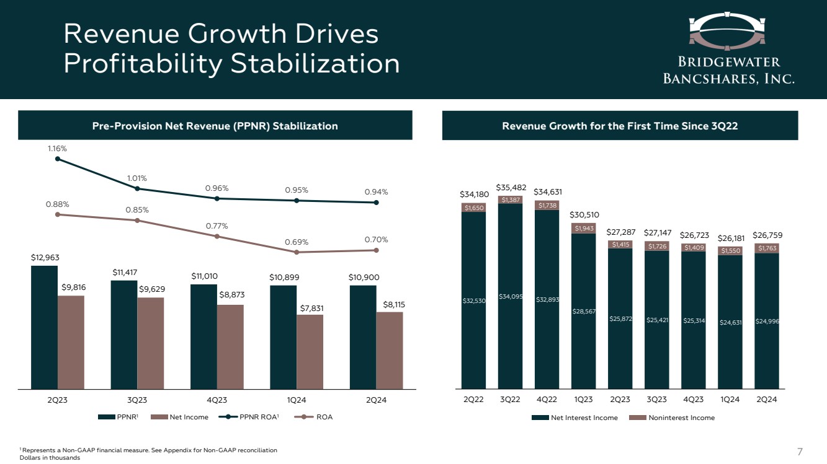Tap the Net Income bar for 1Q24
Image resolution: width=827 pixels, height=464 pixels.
310,351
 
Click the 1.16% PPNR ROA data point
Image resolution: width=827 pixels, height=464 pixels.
58,159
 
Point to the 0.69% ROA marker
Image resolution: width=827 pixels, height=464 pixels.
297,252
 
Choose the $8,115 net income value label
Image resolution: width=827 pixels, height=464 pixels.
390,304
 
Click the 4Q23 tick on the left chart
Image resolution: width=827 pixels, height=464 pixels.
217,400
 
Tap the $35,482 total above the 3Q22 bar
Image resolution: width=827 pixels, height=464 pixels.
510,187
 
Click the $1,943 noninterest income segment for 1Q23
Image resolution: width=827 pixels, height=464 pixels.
583,228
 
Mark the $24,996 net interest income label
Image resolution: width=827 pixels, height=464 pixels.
767,321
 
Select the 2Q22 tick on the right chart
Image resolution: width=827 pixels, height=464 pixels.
473,400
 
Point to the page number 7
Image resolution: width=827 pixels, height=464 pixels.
800,450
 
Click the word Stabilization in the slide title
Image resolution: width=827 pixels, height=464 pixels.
315,64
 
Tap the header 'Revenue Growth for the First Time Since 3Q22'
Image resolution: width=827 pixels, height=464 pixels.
620,126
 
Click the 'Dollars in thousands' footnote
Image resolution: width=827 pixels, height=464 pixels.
50,458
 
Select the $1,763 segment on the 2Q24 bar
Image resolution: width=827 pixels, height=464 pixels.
767,248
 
